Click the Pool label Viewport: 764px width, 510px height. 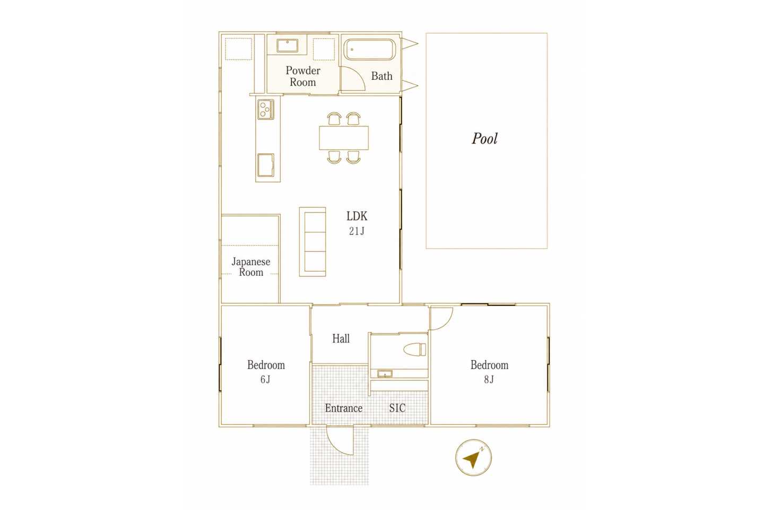tap(485, 139)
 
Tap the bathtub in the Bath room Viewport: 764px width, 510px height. tap(369, 49)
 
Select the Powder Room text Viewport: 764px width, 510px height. tap(303, 76)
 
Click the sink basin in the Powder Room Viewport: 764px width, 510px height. tap(287, 46)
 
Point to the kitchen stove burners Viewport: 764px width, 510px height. tap(266, 109)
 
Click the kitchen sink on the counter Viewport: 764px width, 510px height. tap(266, 165)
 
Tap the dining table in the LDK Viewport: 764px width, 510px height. tap(344, 138)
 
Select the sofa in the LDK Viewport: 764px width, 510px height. tap(312, 242)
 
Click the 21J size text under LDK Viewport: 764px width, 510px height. tap(357, 231)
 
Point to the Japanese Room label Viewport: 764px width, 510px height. tap(251, 267)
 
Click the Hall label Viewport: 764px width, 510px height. tap(341, 338)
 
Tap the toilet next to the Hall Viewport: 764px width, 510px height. tap(415, 350)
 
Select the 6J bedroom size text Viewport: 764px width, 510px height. tap(265, 379)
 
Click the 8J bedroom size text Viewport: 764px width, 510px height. tap(489, 379)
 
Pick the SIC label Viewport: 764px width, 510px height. tap(397, 408)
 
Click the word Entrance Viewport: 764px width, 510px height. tap(344, 408)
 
